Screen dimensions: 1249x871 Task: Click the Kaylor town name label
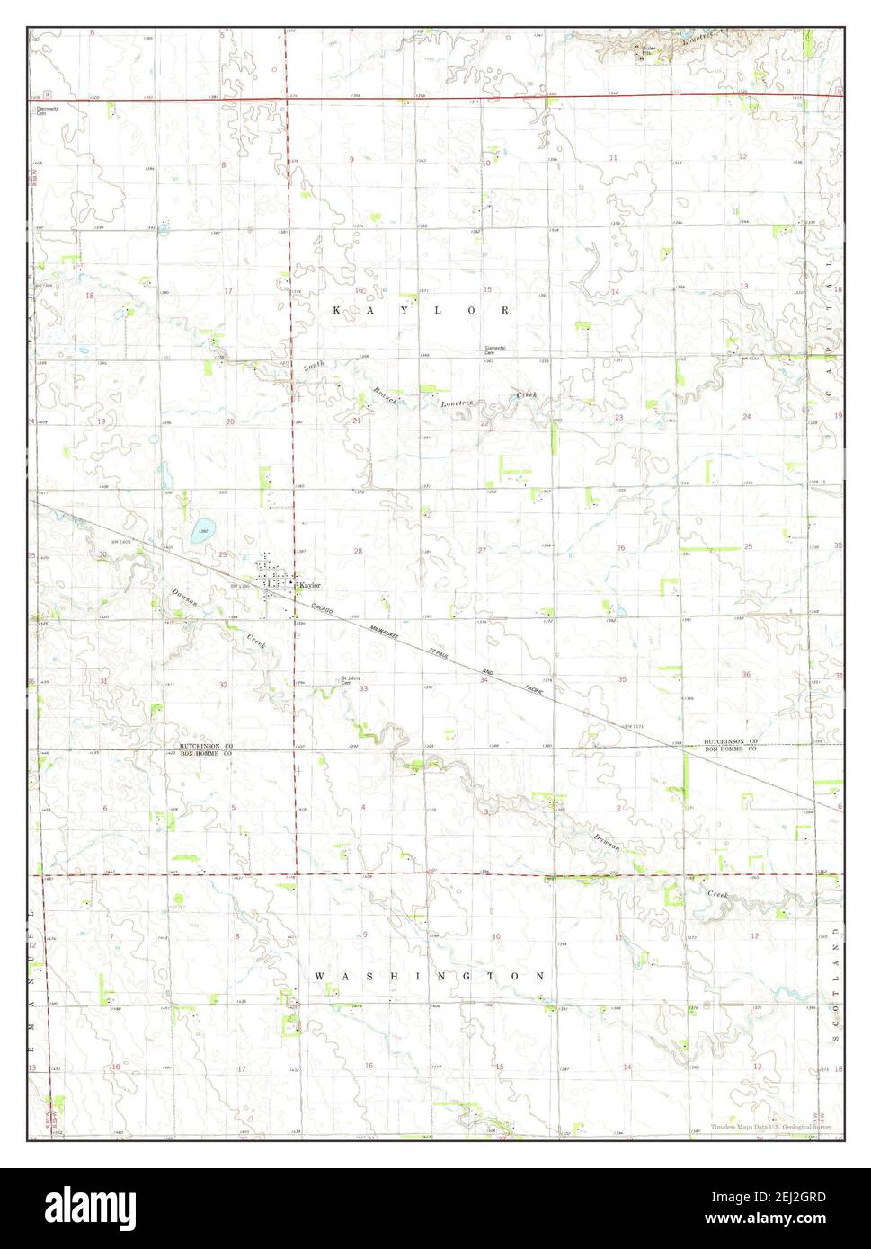coord(309,585)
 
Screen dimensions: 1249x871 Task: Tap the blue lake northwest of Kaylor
coord(204,531)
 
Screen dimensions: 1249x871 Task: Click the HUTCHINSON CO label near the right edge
coord(731,741)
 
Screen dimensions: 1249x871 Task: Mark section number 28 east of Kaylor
coord(357,551)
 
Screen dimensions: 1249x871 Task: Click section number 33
coord(363,689)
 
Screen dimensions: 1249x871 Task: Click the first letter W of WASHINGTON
coord(319,975)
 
